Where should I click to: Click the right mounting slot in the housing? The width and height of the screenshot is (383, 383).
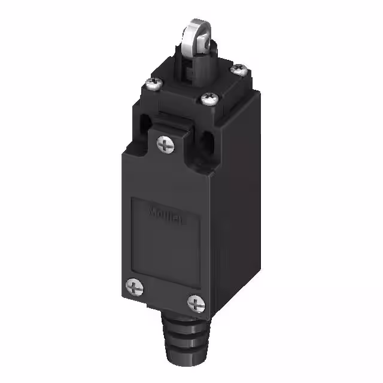click(209, 145)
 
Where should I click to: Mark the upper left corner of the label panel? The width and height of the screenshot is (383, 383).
click(132, 197)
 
